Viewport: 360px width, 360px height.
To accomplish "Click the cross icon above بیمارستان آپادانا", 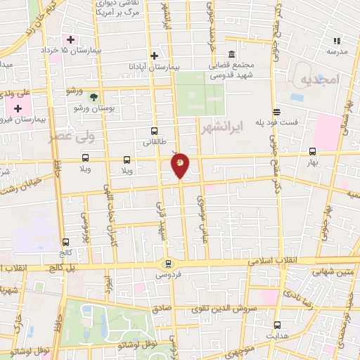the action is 155,55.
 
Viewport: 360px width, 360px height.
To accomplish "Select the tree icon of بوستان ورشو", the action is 94,97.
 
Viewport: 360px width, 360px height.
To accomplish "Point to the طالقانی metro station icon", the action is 155,131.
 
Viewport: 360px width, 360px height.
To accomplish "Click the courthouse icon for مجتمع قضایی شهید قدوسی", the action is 231,55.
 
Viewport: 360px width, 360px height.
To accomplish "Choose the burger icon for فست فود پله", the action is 276,112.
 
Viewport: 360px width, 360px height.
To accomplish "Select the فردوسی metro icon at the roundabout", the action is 167,264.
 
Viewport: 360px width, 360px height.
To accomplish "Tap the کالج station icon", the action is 65,241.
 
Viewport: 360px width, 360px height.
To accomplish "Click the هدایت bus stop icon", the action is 277,325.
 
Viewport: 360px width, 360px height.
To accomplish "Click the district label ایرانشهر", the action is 221,129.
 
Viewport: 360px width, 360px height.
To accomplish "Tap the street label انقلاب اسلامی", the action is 275,260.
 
